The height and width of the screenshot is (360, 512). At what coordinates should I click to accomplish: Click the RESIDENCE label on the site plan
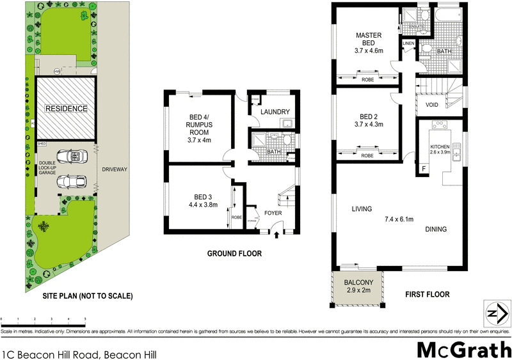(x=65, y=109)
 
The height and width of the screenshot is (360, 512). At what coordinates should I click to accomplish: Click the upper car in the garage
(x=70, y=157)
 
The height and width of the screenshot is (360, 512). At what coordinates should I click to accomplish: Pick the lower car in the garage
(x=70, y=183)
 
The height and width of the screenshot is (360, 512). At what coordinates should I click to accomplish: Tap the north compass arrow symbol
(x=495, y=313)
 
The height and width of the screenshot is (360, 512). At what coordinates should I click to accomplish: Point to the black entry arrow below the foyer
(x=276, y=235)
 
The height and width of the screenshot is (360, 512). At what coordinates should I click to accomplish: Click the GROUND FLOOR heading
(x=234, y=254)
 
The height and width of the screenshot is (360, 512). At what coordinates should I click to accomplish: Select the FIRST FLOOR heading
(x=427, y=295)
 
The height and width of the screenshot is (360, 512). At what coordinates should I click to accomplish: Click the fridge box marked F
(x=423, y=169)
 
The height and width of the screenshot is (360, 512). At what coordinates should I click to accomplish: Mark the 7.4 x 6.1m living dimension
(x=399, y=219)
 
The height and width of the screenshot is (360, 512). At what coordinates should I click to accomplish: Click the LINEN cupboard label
(x=408, y=43)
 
